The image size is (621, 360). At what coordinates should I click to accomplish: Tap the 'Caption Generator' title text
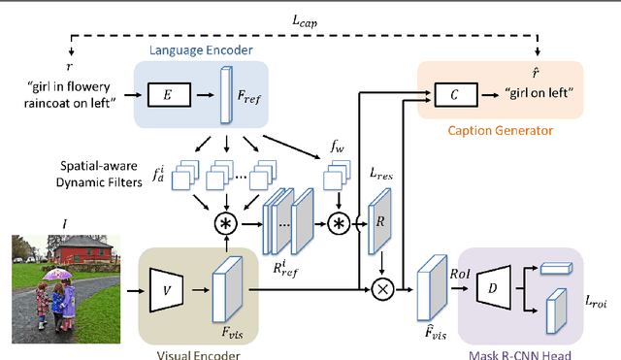pos(500,128)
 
